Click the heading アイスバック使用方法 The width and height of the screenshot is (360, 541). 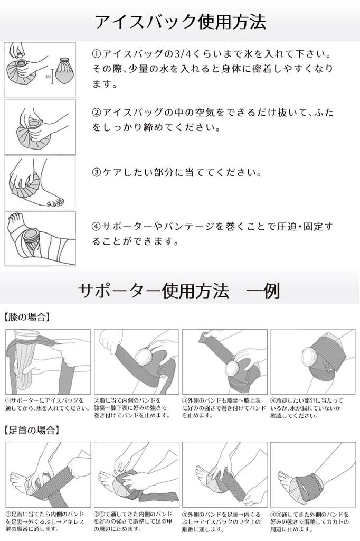180,22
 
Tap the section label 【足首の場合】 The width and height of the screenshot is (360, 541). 31,430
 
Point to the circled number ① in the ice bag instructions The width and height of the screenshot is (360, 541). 97,55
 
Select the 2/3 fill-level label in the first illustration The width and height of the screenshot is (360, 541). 48,76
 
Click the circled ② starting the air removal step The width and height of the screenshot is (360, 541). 97,113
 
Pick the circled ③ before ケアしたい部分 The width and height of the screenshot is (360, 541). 97,173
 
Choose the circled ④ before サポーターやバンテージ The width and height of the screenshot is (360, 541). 97,227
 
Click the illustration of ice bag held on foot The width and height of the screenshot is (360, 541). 40,183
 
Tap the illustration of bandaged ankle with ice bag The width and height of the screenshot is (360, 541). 40,238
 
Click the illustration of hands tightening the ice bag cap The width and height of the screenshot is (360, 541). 40,127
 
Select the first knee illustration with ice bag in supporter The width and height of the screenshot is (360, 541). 48,361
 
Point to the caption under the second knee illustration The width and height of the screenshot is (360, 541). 136,408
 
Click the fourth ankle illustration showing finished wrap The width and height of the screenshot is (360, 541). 312,474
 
